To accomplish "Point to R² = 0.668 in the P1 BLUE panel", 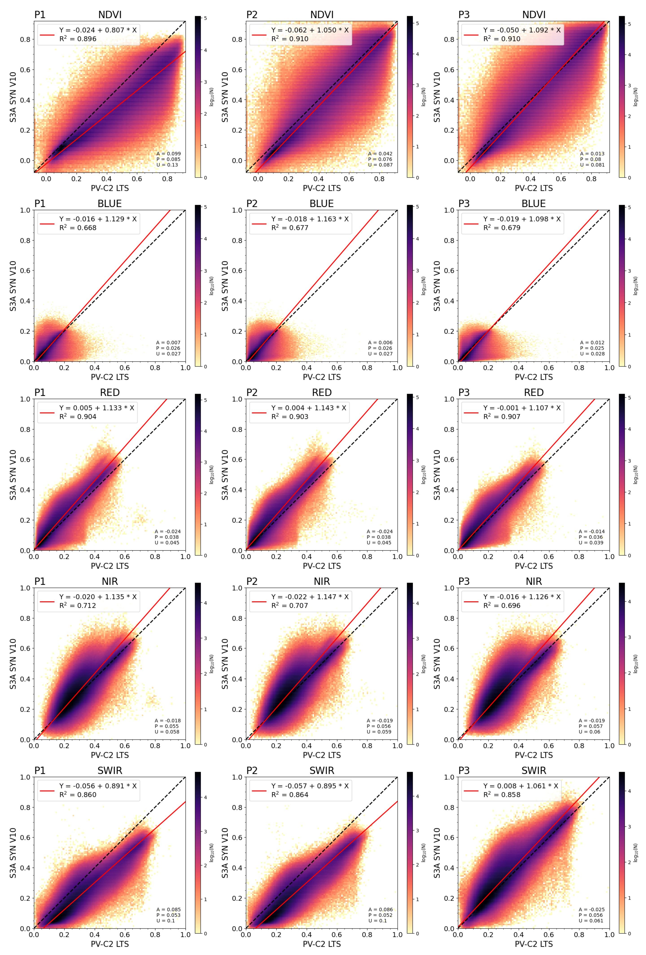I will point(78,228).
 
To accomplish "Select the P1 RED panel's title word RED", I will point(110,392).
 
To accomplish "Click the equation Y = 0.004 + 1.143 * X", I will point(308,408).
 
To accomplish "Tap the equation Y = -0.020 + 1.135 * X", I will point(98,597).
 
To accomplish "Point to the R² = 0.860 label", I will point(78,795).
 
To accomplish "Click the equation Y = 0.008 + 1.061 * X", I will point(520,786).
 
